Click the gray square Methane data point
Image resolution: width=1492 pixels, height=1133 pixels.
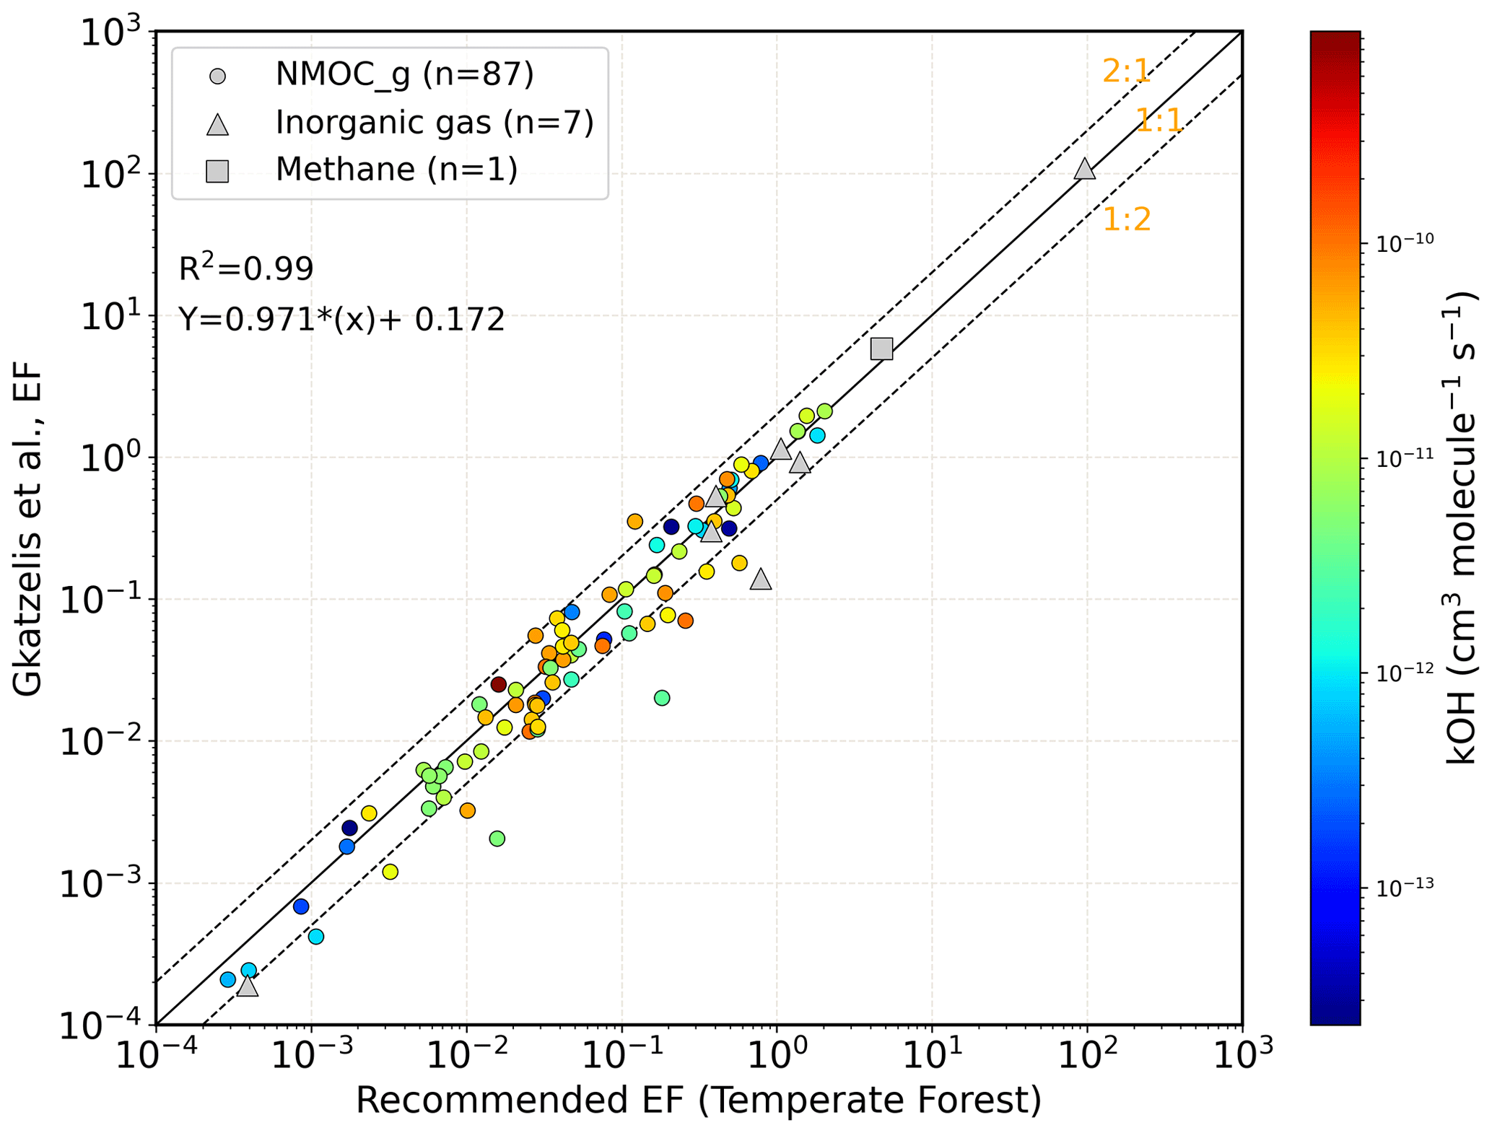tap(881, 349)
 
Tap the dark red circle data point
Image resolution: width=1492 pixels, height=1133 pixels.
tap(498, 684)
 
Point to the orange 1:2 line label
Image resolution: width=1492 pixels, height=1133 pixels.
tap(1126, 219)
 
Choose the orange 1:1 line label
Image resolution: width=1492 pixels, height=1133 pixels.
tap(1159, 121)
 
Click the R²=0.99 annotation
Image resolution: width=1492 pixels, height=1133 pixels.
tap(246, 268)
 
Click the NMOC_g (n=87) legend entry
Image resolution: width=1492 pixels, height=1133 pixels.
tap(404, 74)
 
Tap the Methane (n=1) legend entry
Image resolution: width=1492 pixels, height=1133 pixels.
tap(396, 170)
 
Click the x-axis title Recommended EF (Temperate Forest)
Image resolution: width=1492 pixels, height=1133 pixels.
tap(699, 1101)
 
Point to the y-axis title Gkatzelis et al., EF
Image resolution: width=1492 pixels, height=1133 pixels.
tap(28, 529)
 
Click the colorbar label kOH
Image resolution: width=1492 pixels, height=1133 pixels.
tap(1461, 528)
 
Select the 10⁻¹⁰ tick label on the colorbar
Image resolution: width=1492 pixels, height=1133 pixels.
tap(1405, 244)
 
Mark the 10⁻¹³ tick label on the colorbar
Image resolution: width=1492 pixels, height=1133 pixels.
tap(1405, 886)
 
